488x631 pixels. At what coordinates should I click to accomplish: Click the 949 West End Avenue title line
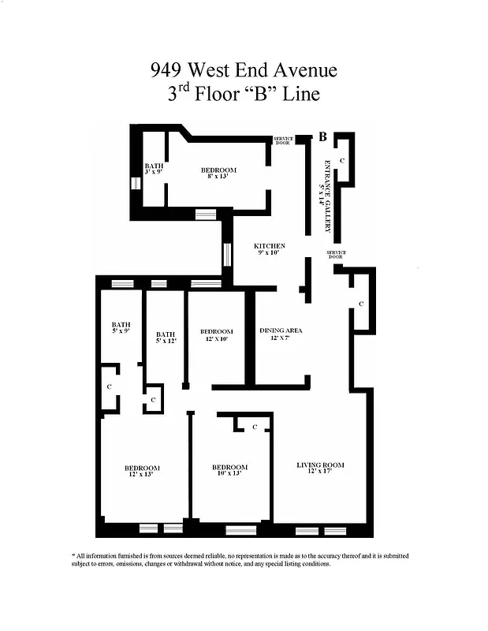click(x=244, y=70)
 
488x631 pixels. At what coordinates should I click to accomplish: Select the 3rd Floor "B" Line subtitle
click(x=244, y=94)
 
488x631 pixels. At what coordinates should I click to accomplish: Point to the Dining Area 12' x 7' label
click(x=281, y=334)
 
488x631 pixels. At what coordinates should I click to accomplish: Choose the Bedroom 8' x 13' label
click(x=218, y=174)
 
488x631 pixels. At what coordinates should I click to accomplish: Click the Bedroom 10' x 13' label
click(x=231, y=471)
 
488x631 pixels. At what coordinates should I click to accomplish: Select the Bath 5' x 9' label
click(x=121, y=327)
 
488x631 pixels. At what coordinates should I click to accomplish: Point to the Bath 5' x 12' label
click(x=165, y=337)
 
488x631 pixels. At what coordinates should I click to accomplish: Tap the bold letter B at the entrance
click(x=323, y=137)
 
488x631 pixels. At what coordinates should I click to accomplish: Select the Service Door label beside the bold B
click(x=282, y=141)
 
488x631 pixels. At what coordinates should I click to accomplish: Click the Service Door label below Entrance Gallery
click(x=336, y=254)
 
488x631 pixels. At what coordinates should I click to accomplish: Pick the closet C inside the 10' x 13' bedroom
click(x=255, y=427)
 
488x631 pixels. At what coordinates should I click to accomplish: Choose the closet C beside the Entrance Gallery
click(x=341, y=160)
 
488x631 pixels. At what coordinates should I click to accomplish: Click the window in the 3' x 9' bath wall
click(x=135, y=183)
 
